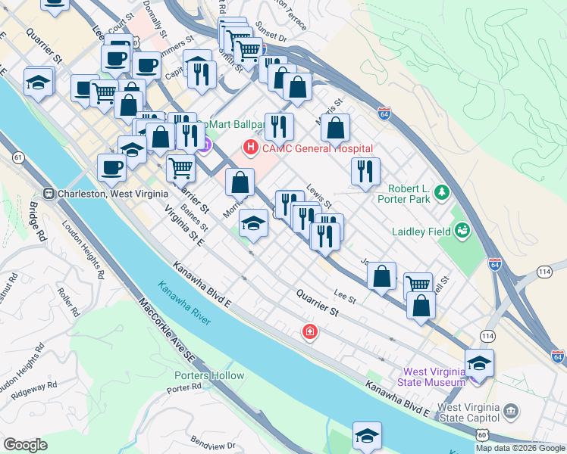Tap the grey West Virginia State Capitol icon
click(512, 412)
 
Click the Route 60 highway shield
click(483, 434)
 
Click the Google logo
click(25, 445)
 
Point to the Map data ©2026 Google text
click(520, 448)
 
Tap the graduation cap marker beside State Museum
click(479, 365)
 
